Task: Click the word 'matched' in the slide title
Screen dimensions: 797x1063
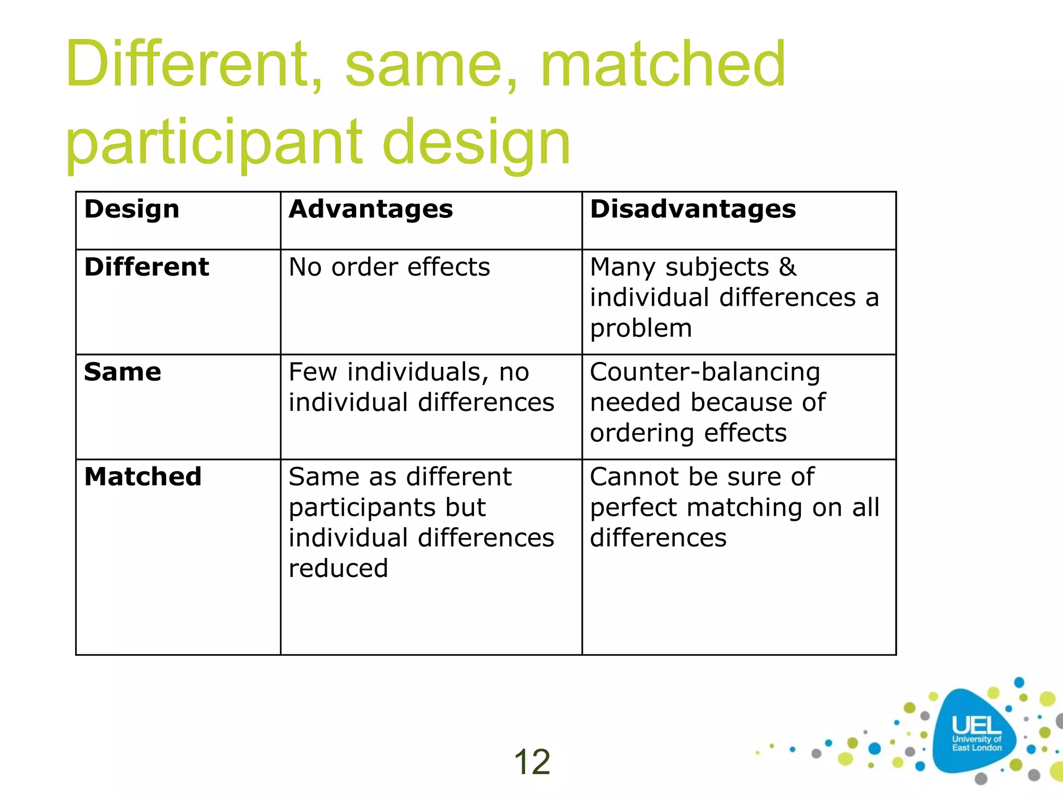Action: tap(663, 64)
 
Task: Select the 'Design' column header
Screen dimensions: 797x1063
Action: tap(132, 209)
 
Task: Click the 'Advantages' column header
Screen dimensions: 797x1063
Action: tap(371, 209)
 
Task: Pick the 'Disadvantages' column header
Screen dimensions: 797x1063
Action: tap(693, 209)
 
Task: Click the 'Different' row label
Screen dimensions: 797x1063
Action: tap(146, 267)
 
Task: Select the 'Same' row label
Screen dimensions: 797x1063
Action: tap(122, 372)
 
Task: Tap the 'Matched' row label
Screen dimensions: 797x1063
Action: tap(143, 476)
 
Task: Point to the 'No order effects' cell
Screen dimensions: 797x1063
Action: tap(389, 267)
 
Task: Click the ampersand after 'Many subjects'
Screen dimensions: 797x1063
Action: tap(787, 267)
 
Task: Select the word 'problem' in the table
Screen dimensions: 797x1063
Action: tap(641, 328)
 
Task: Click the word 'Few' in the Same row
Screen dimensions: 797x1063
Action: tap(313, 372)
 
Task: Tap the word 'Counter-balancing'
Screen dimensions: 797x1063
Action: tap(705, 372)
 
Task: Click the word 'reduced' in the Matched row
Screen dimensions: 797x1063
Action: tap(338, 568)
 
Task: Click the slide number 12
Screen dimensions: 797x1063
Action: tap(531, 762)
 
